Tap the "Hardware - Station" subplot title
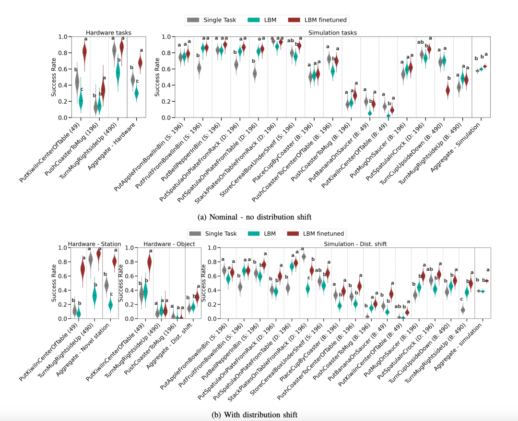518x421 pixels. pyautogui.click(x=94, y=244)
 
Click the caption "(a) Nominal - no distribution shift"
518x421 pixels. pyautogui.click(x=258, y=217)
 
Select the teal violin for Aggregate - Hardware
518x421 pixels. pyautogui.click(x=136, y=93)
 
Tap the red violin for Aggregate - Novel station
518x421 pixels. pyautogui.click(x=114, y=261)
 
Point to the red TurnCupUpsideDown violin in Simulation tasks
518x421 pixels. pyautogui.click(x=447, y=90)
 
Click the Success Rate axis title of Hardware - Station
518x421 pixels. pyautogui.click(x=54, y=283)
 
